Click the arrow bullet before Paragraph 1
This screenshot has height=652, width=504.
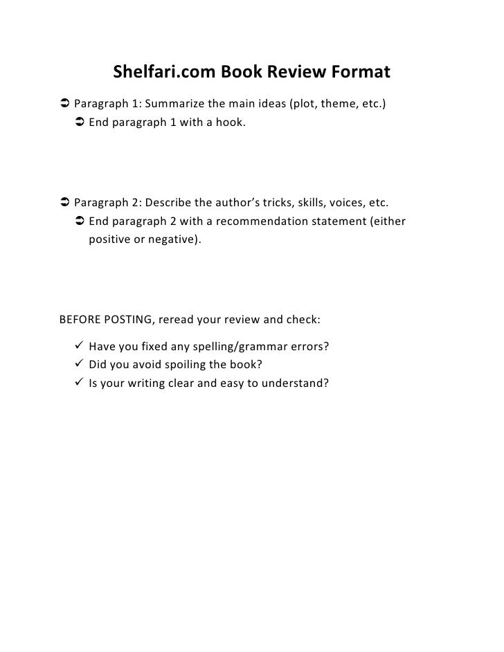click(64, 105)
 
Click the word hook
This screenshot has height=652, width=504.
click(230, 123)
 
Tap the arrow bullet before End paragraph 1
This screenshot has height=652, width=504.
click(78, 123)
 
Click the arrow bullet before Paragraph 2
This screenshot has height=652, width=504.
click(64, 203)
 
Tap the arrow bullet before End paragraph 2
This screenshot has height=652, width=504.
click(78, 221)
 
